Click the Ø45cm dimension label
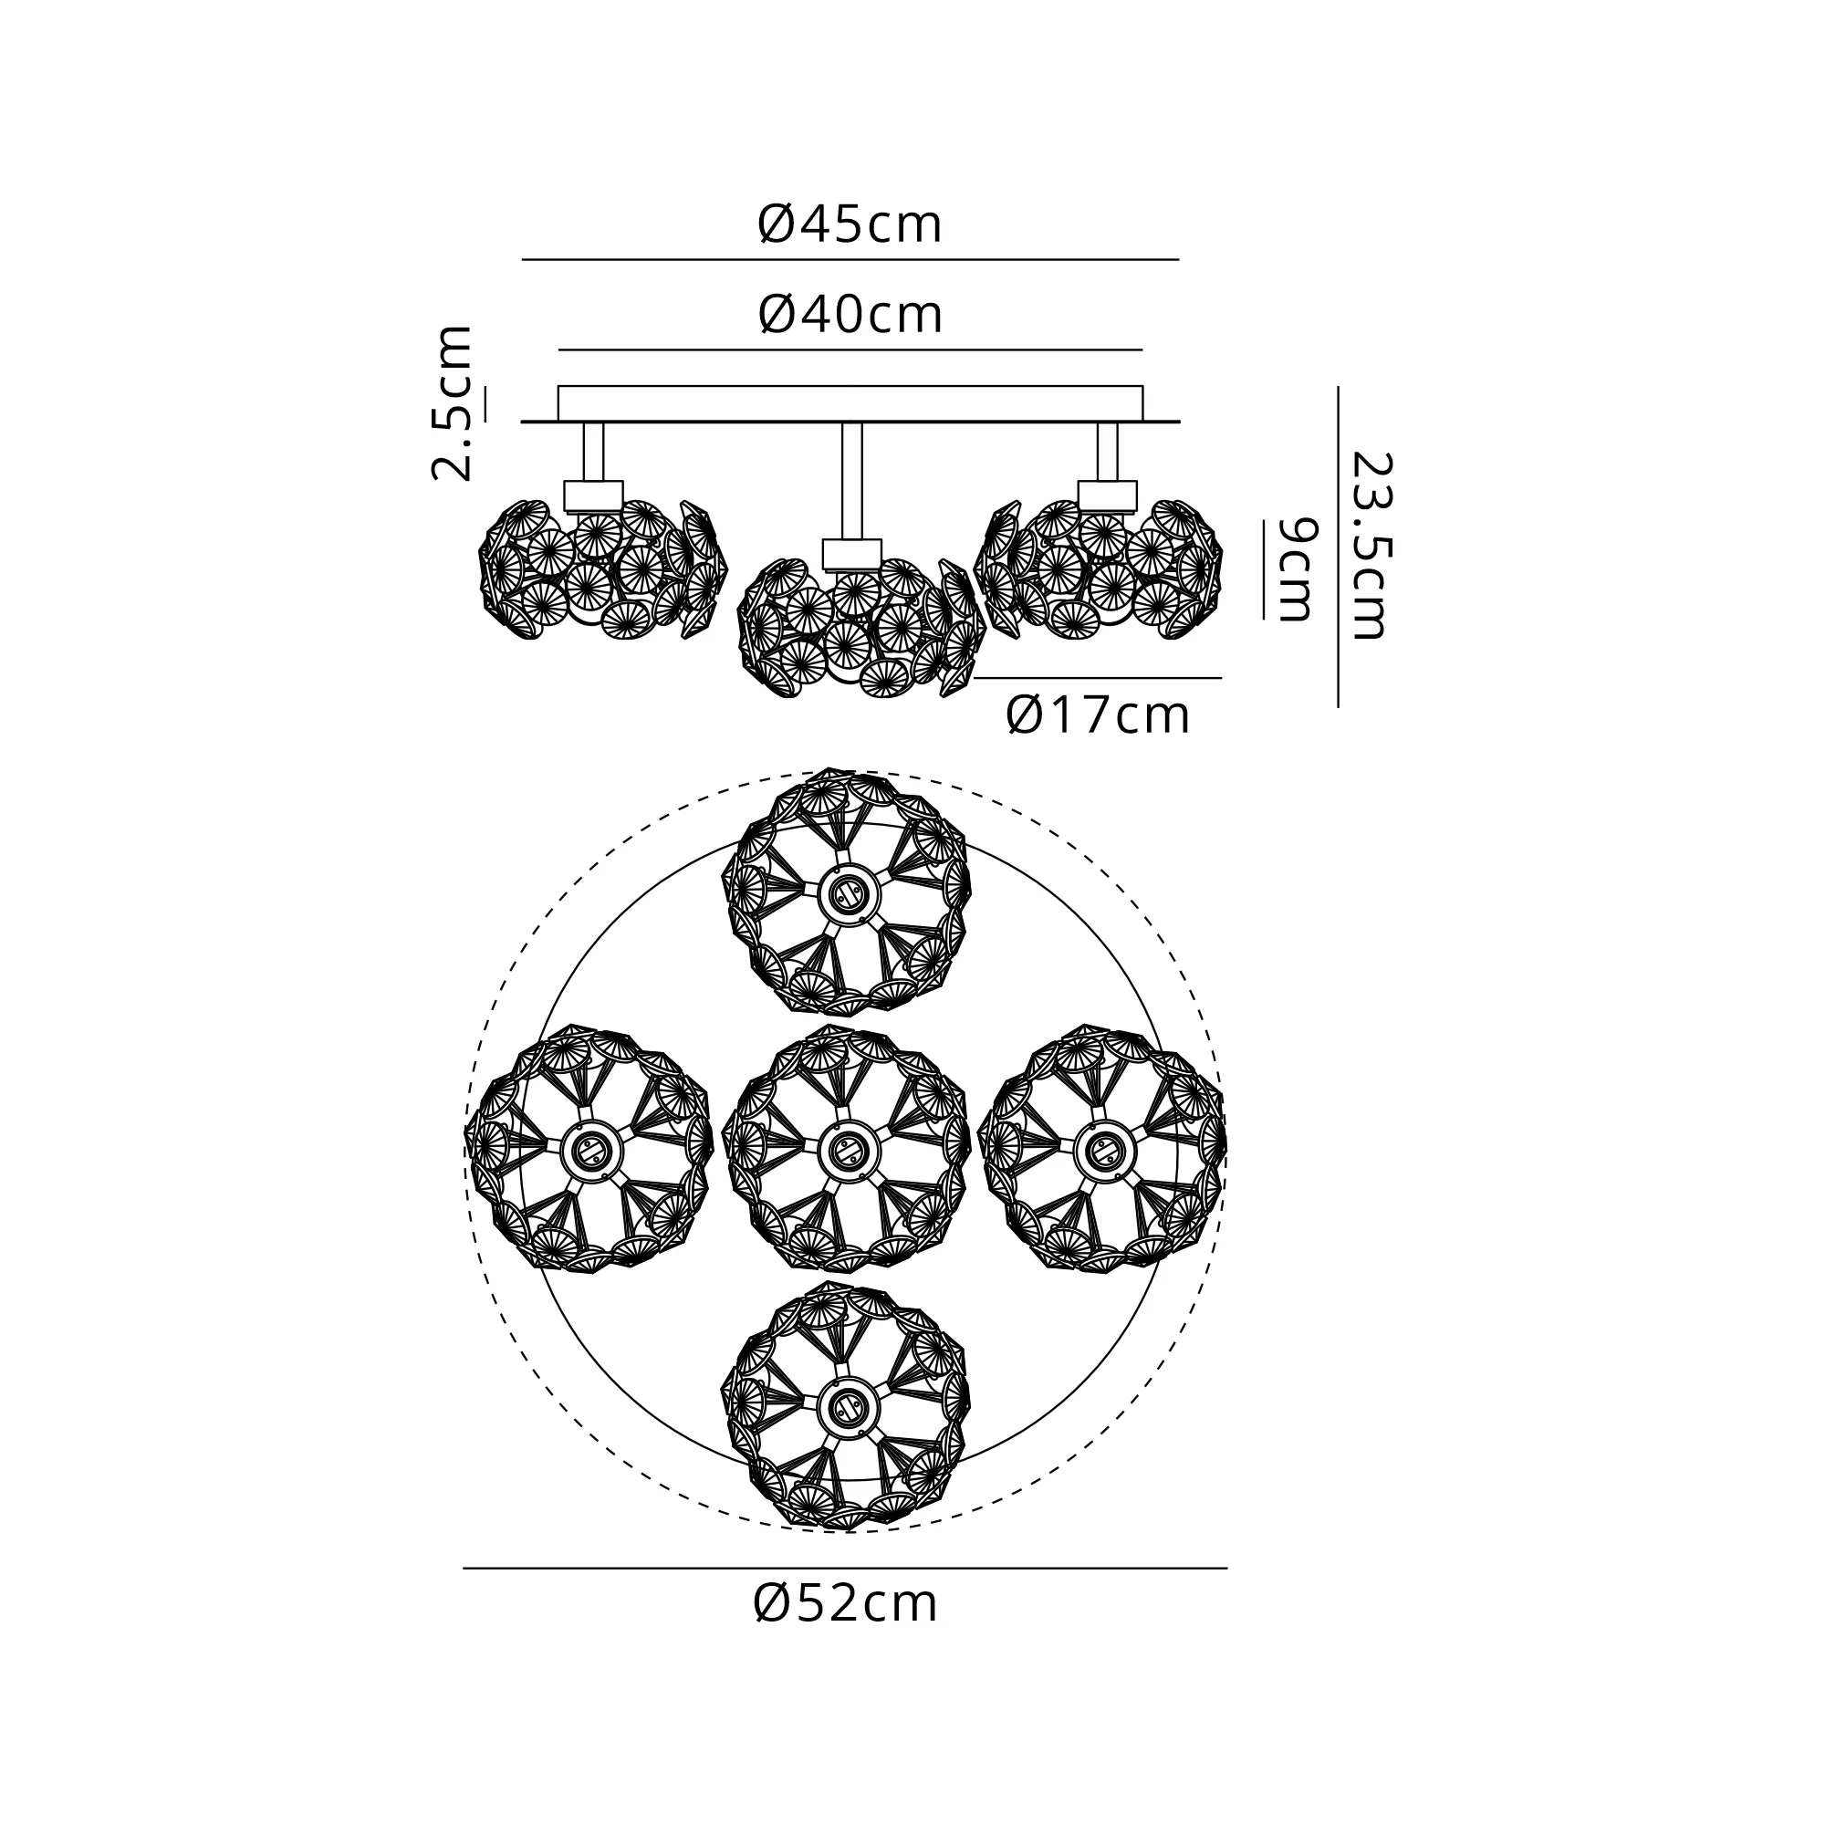850,225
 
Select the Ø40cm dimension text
850,315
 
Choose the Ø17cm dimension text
1098,716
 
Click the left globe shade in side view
603,569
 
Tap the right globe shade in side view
1099,569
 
